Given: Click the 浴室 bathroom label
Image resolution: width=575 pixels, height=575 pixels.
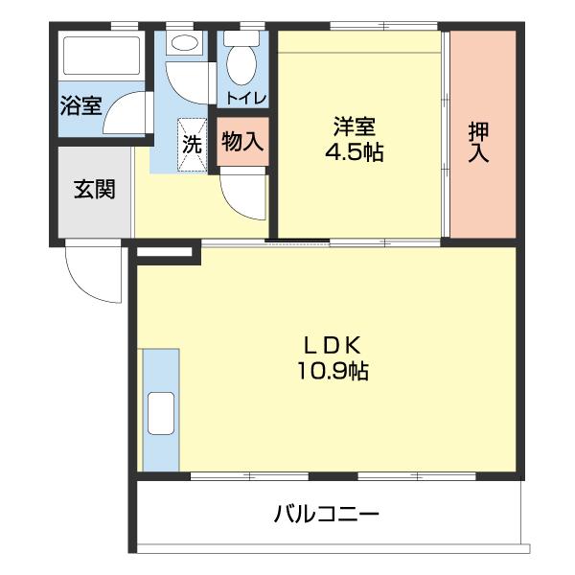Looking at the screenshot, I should (x=80, y=105).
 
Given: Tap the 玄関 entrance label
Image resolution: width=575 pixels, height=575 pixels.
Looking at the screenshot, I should (x=94, y=189).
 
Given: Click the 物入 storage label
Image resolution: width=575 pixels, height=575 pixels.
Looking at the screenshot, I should (x=241, y=143).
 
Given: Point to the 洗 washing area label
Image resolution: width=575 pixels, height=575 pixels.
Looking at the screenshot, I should (x=193, y=146).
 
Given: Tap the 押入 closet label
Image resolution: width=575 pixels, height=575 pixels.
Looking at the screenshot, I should (x=478, y=141).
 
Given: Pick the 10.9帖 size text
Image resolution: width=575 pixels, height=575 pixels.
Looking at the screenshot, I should (x=333, y=371).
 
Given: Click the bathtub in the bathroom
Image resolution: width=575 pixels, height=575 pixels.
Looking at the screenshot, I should (x=102, y=57).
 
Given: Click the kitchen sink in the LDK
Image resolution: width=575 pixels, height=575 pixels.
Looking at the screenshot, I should (x=159, y=413).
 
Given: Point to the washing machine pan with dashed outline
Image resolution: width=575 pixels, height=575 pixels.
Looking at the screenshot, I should (x=193, y=143).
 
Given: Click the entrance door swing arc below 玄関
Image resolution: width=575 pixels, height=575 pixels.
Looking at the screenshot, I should (x=88, y=272).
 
